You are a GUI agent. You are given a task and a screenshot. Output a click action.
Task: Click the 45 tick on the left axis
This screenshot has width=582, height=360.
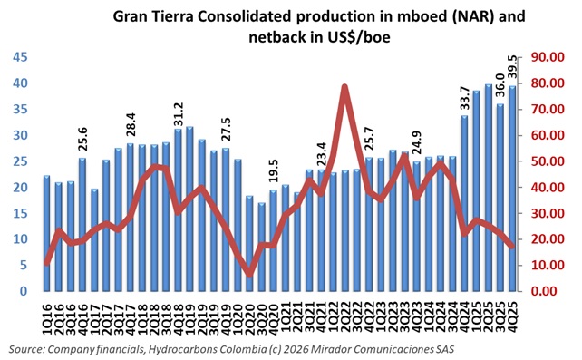coord(19,57)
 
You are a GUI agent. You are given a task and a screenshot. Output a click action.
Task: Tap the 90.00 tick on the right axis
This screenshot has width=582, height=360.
coord(548,57)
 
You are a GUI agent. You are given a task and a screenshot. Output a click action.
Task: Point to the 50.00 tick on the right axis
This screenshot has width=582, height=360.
coord(548,161)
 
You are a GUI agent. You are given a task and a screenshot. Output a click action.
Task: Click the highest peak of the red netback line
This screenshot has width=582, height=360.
coord(344,87)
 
